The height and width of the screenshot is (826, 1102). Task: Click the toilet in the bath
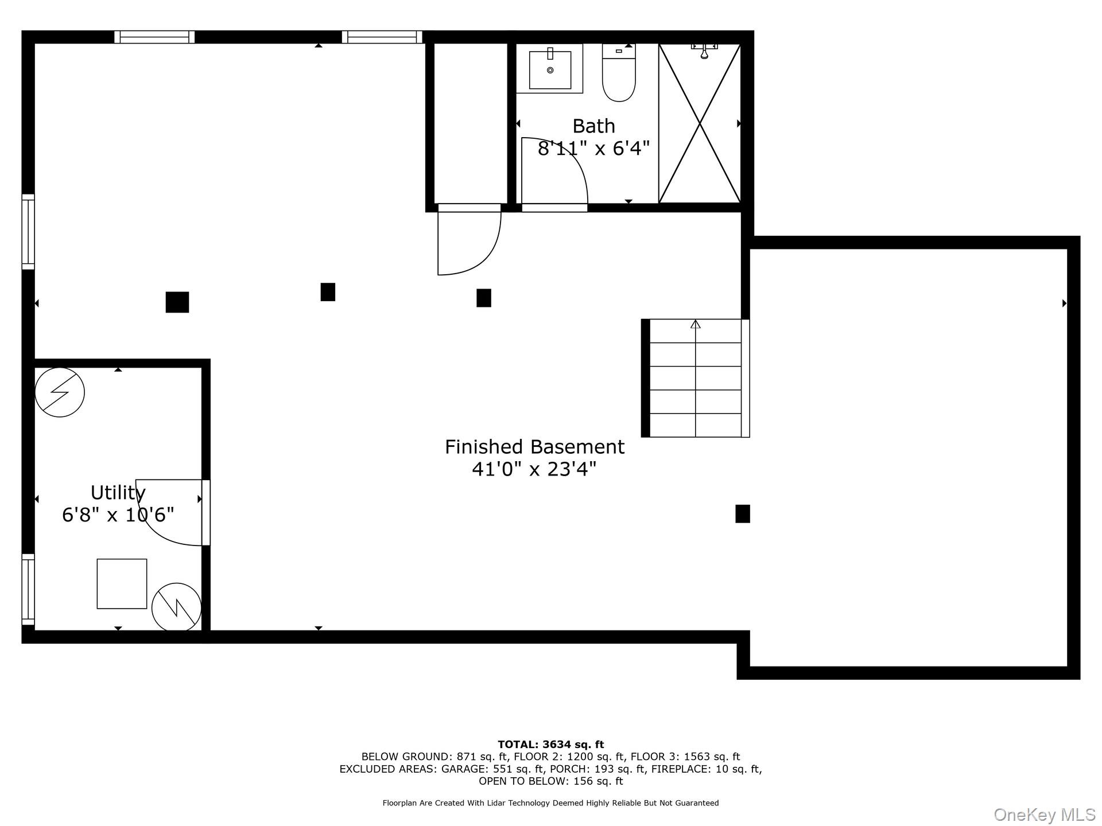tap(619, 73)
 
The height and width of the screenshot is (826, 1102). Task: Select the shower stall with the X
tap(700, 123)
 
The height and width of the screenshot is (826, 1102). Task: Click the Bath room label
tap(593, 126)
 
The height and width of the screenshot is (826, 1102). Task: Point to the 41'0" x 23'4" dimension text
tap(534, 469)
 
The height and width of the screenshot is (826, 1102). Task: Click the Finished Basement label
tap(534, 447)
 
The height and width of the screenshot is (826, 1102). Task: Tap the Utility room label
tap(118, 493)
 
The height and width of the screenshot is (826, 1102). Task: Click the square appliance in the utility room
tap(122, 583)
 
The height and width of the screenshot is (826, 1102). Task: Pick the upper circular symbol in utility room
tap(60, 392)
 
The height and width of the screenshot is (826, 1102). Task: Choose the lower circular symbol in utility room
tap(177, 607)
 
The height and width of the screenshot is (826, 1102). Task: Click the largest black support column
tap(177, 302)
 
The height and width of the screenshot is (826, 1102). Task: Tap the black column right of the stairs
tap(743, 513)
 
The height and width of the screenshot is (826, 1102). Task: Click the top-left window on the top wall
tap(154, 37)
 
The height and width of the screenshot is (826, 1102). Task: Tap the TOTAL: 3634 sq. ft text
tap(550, 745)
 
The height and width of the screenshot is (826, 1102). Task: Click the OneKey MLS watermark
tap(1045, 815)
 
